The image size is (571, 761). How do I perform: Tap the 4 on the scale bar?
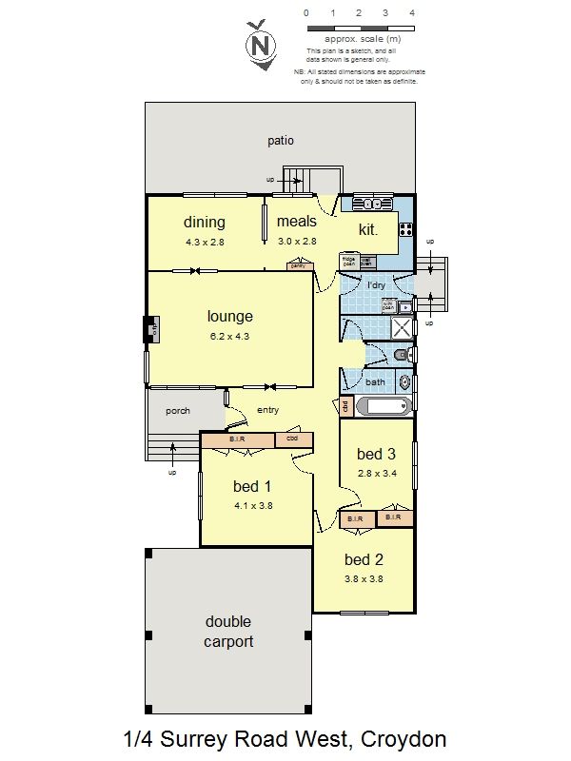point(411,13)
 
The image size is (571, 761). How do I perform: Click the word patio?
point(281,141)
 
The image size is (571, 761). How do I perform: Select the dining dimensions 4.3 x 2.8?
point(205,242)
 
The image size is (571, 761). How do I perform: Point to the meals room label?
point(296,222)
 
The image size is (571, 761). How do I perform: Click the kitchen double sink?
point(366,204)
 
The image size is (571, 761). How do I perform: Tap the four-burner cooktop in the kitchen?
point(405,228)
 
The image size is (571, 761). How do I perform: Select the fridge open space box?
point(348,259)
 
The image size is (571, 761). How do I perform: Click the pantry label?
point(299,266)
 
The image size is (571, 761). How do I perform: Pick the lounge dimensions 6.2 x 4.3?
point(230,336)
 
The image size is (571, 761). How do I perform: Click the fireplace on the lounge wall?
point(150,331)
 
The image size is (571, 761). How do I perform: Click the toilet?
point(402,356)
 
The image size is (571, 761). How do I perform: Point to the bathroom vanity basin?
point(405,383)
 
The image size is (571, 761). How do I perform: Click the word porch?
point(178,411)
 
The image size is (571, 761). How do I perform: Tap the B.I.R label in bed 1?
point(238,439)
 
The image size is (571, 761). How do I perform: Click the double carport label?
point(229,632)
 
